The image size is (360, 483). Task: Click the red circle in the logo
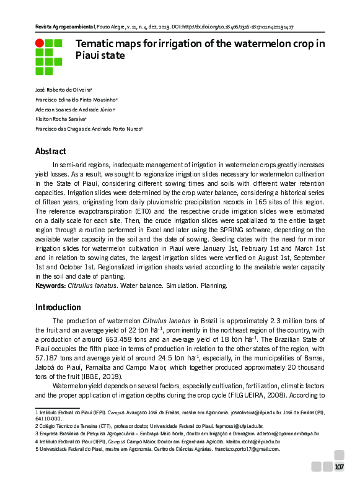tap(40, 43)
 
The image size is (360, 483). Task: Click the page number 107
tap(340, 467)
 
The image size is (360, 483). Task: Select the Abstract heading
tap(50, 152)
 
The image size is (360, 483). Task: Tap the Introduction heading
tap(58, 307)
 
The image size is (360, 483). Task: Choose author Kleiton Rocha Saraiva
tap(60, 118)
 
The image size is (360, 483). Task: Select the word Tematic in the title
tap(96, 44)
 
